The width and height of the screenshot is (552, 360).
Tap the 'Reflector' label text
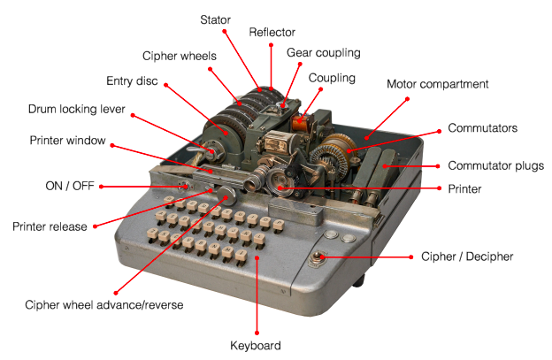(x=272, y=32)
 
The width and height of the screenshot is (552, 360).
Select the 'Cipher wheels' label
(x=180, y=55)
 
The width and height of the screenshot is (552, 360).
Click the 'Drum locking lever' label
(x=77, y=111)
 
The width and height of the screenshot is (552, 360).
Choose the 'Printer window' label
(x=67, y=140)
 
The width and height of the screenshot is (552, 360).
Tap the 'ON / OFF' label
(x=66, y=186)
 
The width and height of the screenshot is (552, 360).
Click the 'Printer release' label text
(x=50, y=226)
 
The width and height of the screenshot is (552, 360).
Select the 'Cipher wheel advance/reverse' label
(x=104, y=305)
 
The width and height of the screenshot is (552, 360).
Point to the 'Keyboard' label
(x=255, y=345)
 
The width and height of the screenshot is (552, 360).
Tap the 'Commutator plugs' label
(x=495, y=165)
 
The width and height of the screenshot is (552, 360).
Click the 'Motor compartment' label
(x=438, y=84)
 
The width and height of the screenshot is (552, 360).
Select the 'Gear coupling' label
(x=324, y=53)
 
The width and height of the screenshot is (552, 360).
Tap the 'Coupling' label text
(x=332, y=78)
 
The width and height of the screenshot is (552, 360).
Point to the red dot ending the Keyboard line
(x=257, y=258)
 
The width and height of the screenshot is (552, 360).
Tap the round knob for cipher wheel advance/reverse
(x=227, y=194)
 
